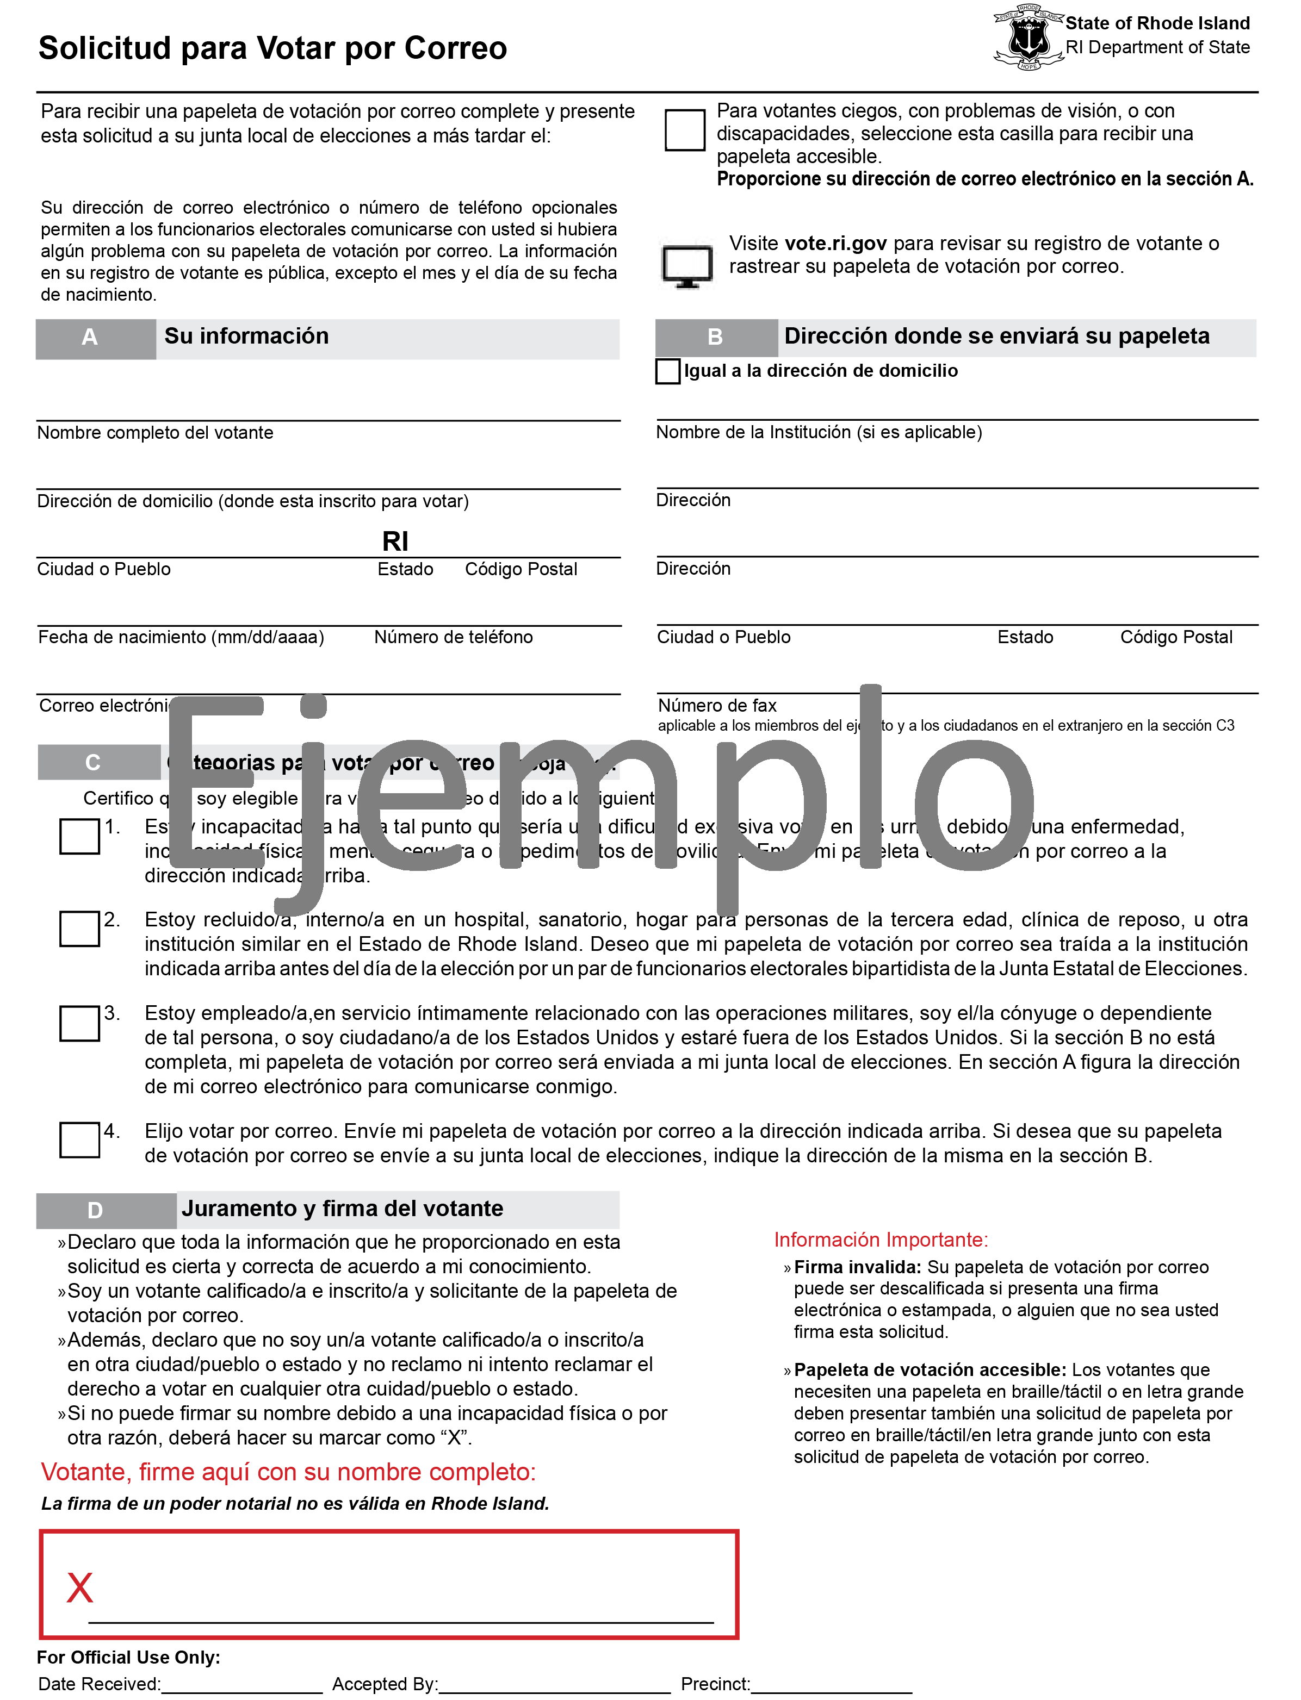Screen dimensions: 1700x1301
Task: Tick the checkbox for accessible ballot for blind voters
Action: point(685,129)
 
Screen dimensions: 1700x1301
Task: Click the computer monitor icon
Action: point(687,265)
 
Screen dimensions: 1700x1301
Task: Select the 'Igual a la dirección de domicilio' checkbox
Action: point(667,371)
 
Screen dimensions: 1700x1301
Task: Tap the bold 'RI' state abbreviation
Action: point(395,541)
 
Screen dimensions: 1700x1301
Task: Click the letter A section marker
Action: point(90,338)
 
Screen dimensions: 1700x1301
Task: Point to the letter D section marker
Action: point(95,1210)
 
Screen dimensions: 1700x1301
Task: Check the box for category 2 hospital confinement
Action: point(80,928)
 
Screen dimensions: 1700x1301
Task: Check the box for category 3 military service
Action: point(80,1023)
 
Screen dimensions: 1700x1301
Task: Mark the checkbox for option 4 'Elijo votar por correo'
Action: point(80,1139)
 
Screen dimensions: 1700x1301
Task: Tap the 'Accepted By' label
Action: point(385,1684)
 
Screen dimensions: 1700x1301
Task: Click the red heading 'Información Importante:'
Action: point(881,1240)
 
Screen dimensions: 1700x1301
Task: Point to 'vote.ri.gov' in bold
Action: point(835,243)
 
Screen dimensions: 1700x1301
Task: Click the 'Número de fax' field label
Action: point(717,705)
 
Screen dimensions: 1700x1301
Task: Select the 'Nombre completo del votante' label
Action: point(155,433)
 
